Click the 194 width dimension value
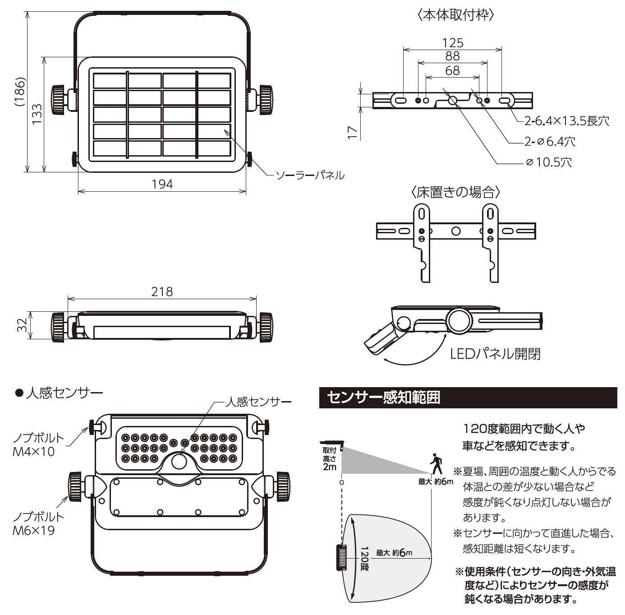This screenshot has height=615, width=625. click(162, 184)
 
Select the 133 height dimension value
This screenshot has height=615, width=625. click(37, 114)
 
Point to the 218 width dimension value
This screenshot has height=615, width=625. click(162, 291)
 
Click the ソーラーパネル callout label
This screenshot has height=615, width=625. click(310, 175)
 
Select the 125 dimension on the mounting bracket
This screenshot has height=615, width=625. click(452, 43)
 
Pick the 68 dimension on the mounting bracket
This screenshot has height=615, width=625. click(452, 70)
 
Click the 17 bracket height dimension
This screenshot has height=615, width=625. click(353, 132)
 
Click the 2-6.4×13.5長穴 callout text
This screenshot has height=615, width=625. click(566, 121)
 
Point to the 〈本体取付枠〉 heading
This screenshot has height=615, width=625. click(456, 15)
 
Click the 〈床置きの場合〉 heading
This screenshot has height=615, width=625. click(456, 192)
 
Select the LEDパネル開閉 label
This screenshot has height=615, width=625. click(495, 354)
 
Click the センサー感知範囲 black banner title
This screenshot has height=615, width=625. click(383, 398)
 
